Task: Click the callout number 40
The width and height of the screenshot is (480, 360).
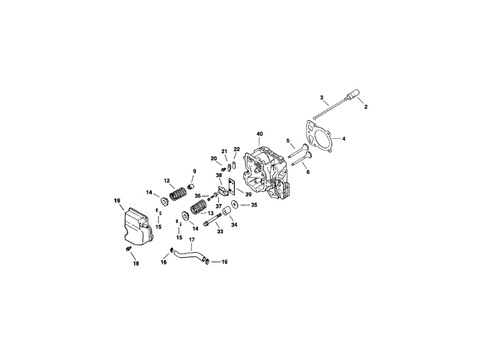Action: tap(260, 134)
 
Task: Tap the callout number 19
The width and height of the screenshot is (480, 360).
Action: tap(117, 200)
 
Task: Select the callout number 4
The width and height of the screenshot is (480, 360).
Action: tap(343, 139)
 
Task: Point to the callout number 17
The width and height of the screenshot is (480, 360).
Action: tap(191, 241)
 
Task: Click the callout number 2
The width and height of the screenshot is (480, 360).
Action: tap(366, 107)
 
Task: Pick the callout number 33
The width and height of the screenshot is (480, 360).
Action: tap(220, 232)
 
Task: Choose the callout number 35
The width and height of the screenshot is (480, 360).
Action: tap(253, 205)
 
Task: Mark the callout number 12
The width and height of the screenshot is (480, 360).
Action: tap(168, 181)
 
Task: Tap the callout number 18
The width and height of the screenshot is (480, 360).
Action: tap(136, 263)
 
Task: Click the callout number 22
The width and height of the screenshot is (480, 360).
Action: tap(236, 150)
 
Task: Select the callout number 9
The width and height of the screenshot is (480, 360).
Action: tap(194, 170)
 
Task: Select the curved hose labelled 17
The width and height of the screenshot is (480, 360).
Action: tap(187, 257)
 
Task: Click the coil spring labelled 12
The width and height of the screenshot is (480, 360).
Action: tap(178, 194)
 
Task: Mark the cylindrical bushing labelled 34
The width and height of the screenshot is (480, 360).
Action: tap(223, 217)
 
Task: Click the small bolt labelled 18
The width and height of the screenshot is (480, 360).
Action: tap(128, 248)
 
